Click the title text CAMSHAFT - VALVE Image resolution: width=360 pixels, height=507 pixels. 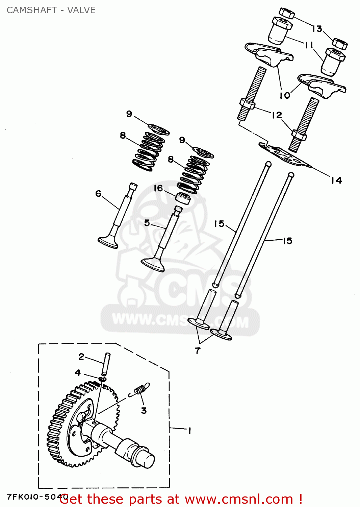51,10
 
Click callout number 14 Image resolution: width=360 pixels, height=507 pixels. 336,180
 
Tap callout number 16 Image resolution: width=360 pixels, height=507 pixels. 158,188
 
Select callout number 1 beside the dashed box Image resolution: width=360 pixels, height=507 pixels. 189,431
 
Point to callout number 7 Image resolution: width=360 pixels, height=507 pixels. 198,351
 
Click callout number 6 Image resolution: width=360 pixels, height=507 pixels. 98,193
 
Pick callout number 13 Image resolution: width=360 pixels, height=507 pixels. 317,29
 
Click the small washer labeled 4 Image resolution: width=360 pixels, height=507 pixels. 103,379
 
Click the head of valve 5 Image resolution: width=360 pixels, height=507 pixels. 153,264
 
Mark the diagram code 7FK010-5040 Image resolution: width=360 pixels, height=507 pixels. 34,497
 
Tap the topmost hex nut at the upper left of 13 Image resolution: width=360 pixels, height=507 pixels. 287,13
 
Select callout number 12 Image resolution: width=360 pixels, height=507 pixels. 277,115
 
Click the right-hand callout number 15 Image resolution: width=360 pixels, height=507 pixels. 287,241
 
